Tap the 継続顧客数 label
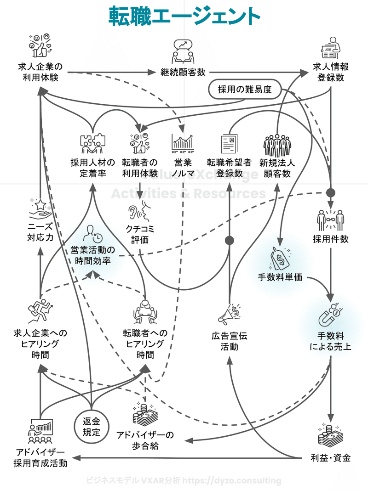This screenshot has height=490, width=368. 183,72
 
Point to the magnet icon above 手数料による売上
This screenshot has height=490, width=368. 331,315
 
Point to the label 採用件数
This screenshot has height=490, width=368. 331,239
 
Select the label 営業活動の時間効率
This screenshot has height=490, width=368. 93,255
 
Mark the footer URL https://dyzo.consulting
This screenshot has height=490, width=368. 232,481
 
